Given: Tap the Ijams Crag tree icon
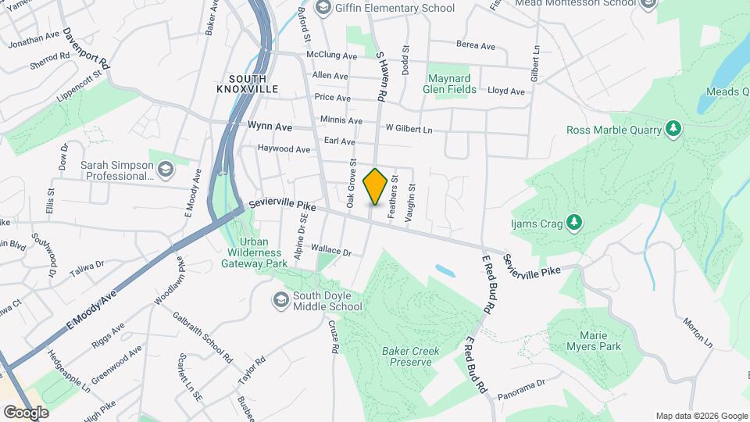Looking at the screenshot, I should click(x=574, y=223).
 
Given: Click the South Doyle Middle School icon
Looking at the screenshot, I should click(x=280, y=300).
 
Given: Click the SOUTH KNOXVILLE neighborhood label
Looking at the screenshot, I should click(x=248, y=84).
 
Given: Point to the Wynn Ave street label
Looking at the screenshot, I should click(x=270, y=126).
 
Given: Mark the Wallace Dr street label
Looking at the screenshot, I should click(x=332, y=251).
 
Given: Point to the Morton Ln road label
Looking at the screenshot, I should click(x=698, y=332).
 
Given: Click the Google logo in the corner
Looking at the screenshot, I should click(x=26, y=412).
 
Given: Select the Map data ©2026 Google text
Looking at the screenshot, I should click(x=701, y=416).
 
